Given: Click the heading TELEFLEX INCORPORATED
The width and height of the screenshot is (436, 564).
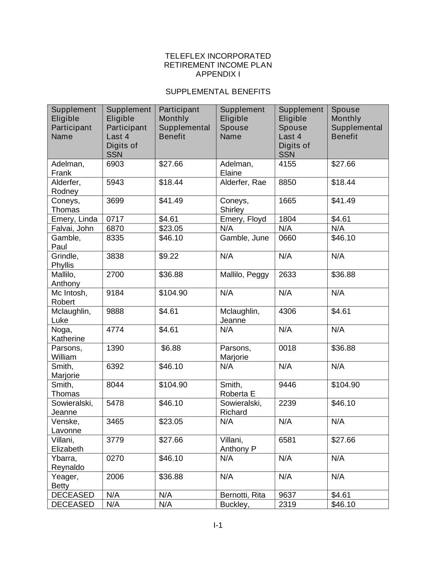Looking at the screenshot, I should click(x=218, y=56).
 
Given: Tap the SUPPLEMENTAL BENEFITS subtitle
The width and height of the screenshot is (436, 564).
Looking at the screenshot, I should click(x=218, y=91).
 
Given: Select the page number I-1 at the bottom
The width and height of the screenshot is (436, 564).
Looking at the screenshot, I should click(x=218, y=525).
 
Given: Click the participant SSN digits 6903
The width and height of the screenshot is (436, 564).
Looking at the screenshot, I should click(x=115, y=164).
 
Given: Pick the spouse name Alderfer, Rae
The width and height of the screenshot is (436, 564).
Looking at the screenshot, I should click(x=243, y=182).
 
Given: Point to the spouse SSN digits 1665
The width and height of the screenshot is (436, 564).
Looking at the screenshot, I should click(x=287, y=201).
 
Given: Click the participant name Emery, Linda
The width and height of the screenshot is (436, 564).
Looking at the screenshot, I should click(x=74, y=219).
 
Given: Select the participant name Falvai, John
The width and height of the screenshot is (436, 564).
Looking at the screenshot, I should click(x=72, y=228).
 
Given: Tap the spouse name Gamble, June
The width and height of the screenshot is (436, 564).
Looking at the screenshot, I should click(x=244, y=238).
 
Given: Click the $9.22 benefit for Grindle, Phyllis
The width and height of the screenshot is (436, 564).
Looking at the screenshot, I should click(x=169, y=256).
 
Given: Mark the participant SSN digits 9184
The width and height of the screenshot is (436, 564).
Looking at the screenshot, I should click(x=115, y=293).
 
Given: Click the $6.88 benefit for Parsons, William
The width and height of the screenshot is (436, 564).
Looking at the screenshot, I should click(x=171, y=348).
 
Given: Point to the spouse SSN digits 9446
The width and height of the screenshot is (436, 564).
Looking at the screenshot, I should click(x=287, y=385).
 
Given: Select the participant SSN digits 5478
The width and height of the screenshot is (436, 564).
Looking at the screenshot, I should click(x=115, y=403).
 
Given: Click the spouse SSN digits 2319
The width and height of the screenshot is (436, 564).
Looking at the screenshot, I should click(x=287, y=504).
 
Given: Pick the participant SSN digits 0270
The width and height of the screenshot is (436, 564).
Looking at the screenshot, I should click(x=115, y=458).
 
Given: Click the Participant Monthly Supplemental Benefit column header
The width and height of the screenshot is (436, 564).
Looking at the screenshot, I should click(x=184, y=123).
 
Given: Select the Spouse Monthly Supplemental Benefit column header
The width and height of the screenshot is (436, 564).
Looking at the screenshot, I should click(x=357, y=123).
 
